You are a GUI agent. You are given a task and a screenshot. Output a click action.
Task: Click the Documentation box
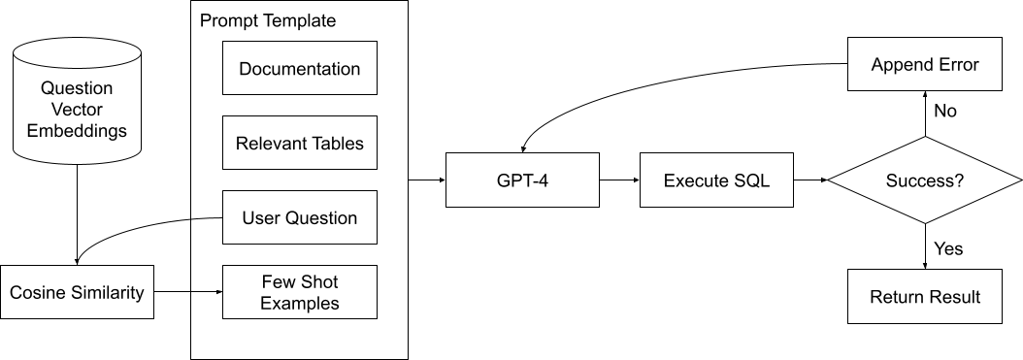coord(299,69)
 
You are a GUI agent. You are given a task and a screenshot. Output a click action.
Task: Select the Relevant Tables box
coord(299,144)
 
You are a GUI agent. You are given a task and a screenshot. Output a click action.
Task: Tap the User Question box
coord(299,217)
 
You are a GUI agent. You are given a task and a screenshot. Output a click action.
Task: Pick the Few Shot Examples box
coord(299,292)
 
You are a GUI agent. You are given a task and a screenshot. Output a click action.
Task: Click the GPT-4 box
coord(521,180)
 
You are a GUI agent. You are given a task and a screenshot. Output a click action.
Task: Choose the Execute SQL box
coord(716,180)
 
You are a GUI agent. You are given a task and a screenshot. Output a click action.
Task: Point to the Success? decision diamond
coord(925,180)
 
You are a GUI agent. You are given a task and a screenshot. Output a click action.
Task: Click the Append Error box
coord(925,65)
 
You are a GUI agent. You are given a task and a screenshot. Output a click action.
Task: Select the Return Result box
coord(925,297)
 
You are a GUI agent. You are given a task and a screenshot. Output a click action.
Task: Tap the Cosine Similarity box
coord(77,292)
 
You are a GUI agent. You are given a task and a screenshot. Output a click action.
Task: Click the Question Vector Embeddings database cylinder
coord(77,102)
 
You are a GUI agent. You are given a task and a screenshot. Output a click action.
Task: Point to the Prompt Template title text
coord(268,20)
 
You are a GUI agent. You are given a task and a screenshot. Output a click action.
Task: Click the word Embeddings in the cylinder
coord(77,130)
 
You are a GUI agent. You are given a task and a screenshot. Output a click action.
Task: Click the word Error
coord(957,65)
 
